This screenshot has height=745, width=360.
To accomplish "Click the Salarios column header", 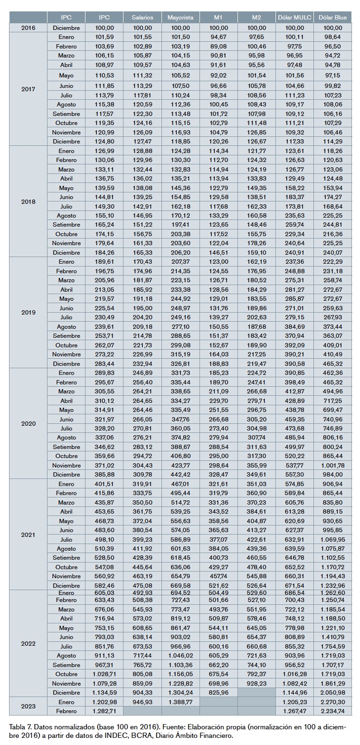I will coord(142,18).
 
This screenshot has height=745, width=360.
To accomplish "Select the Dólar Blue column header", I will coord(332,18).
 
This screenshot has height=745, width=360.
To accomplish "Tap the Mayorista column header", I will coord(180,18).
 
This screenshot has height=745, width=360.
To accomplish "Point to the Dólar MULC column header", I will coord(294,18).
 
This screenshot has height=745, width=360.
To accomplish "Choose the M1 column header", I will coord(218,18).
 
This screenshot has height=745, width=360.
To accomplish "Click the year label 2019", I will coord(28,313).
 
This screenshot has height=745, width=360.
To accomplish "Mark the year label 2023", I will coord(28,706).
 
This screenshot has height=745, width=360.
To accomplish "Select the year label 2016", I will coord(28,28).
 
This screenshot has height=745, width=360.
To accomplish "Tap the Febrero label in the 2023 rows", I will coord(66,711).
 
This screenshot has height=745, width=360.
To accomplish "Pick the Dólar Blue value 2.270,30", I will coord(332,701).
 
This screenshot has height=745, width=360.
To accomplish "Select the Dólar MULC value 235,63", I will coord(294,215).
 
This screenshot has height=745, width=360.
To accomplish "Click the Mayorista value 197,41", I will coord(180,224).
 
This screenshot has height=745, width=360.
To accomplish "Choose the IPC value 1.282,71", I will coord(104,711).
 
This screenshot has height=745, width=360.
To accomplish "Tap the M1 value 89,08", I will coord(218,47).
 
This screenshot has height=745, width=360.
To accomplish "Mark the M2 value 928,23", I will coord(256,683).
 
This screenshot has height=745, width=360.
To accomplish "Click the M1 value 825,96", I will coord(218,692).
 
